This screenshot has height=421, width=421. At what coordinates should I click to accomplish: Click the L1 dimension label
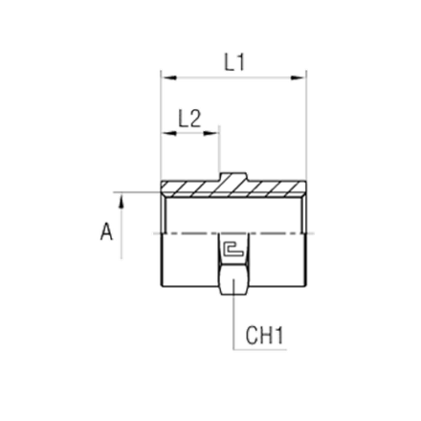coord(234,62)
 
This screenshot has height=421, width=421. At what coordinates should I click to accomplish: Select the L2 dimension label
coord(189,119)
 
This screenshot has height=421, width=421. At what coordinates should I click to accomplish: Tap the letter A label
coord(106,232)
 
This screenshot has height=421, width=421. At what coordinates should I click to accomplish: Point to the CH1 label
coord(264,336)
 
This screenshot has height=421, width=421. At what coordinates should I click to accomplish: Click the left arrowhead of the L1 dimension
coord(168,78)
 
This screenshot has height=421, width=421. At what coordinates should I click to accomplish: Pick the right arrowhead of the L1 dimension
coord(299,78)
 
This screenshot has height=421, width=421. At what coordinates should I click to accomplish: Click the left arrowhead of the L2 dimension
coord(168,133)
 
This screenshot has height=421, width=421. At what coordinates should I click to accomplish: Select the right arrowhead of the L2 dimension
coord(211,133)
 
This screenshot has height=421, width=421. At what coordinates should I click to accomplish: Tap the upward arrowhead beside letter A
coord(121,202)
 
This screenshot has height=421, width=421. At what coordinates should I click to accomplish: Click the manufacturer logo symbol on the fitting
coord(233,249)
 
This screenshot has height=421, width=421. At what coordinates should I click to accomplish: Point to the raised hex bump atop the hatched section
coord(233,177)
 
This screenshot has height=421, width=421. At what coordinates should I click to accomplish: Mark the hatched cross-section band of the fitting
coord(233,188)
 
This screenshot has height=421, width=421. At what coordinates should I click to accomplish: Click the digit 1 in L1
coord(240,62)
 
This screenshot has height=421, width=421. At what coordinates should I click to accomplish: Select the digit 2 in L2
coord(195,119)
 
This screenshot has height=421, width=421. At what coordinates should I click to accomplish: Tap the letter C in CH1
coord(252,336)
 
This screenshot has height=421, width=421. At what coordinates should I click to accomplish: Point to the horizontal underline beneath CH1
coord(259,349)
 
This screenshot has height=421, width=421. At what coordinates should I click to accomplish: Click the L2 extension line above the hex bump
coord(219,149)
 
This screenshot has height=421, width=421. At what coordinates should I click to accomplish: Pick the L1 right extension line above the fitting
coord(306,125)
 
